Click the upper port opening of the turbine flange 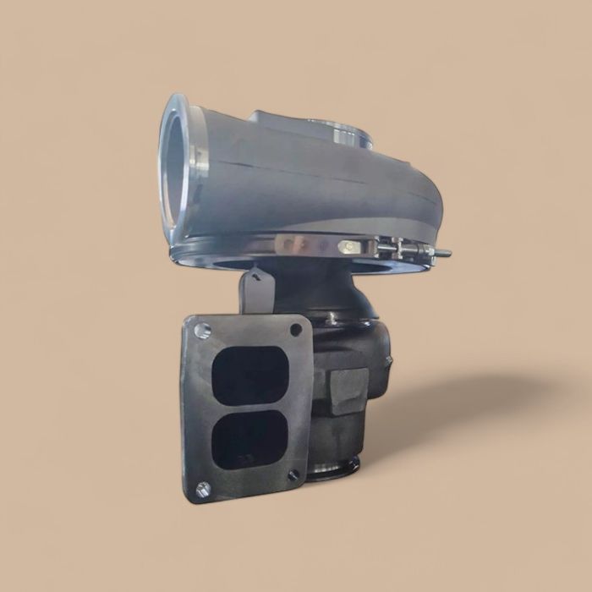[x=250, y=374]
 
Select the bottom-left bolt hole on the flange [x=202, y=487]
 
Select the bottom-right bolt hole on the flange [x=293, y=475]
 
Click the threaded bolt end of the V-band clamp [x=441, y=252]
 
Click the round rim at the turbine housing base [x=334, y=470]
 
